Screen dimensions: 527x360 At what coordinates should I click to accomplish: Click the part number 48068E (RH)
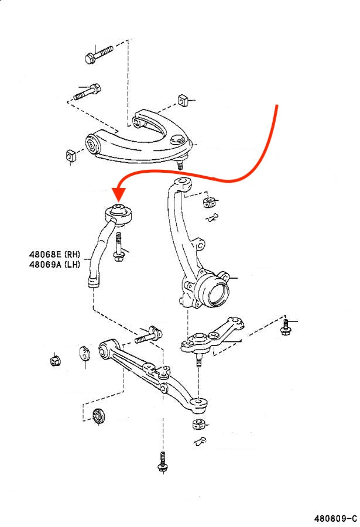[54, 255]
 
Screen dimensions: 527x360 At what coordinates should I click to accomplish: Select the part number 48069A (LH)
[54, 264]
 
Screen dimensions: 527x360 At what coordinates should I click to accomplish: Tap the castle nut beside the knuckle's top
[208, 203]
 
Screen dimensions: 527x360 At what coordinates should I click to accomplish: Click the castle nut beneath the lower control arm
[198, 424]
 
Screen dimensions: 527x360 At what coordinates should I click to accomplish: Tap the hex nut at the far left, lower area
[56, 359]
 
